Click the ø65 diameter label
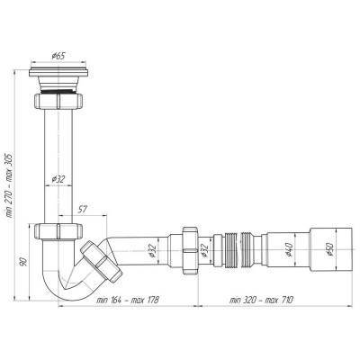tap(58, 56)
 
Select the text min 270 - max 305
tap(10, 185)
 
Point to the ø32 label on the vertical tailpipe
tap(58, 179)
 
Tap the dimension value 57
tap(82, 210)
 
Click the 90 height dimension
tap(23, 261)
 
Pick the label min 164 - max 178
tap(127, 300)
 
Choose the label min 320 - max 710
tap(261, 300)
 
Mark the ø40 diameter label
tap(289, 249)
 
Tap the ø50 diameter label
tap(330, 249)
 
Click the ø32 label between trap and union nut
tap(152, 250)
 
